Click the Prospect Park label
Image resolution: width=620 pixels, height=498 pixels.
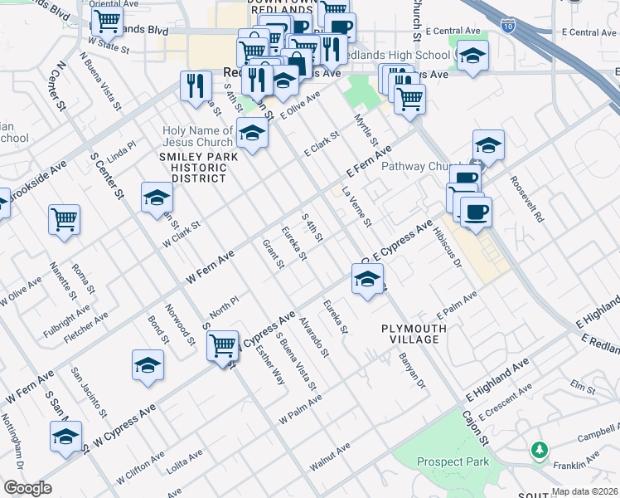pyautogui.click(x=453, y=461)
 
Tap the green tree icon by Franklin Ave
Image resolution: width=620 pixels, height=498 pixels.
pyautogui.click(x=540, y=450)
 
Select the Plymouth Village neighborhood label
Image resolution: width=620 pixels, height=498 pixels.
pyautogui.click(x=414, y=334)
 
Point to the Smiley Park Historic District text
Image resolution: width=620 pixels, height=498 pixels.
pyautogui.click(x=193, y=166)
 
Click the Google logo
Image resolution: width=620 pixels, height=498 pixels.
pyautogui.click(x=27, y=488)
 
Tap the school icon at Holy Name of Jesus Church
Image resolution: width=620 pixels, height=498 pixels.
pyautogui.click(x=251, y=132)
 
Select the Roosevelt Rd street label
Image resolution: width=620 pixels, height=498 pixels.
pyautogui.click(x=526, y=199)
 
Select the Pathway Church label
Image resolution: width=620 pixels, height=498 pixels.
pyautogui.click(x=418, y=166)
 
